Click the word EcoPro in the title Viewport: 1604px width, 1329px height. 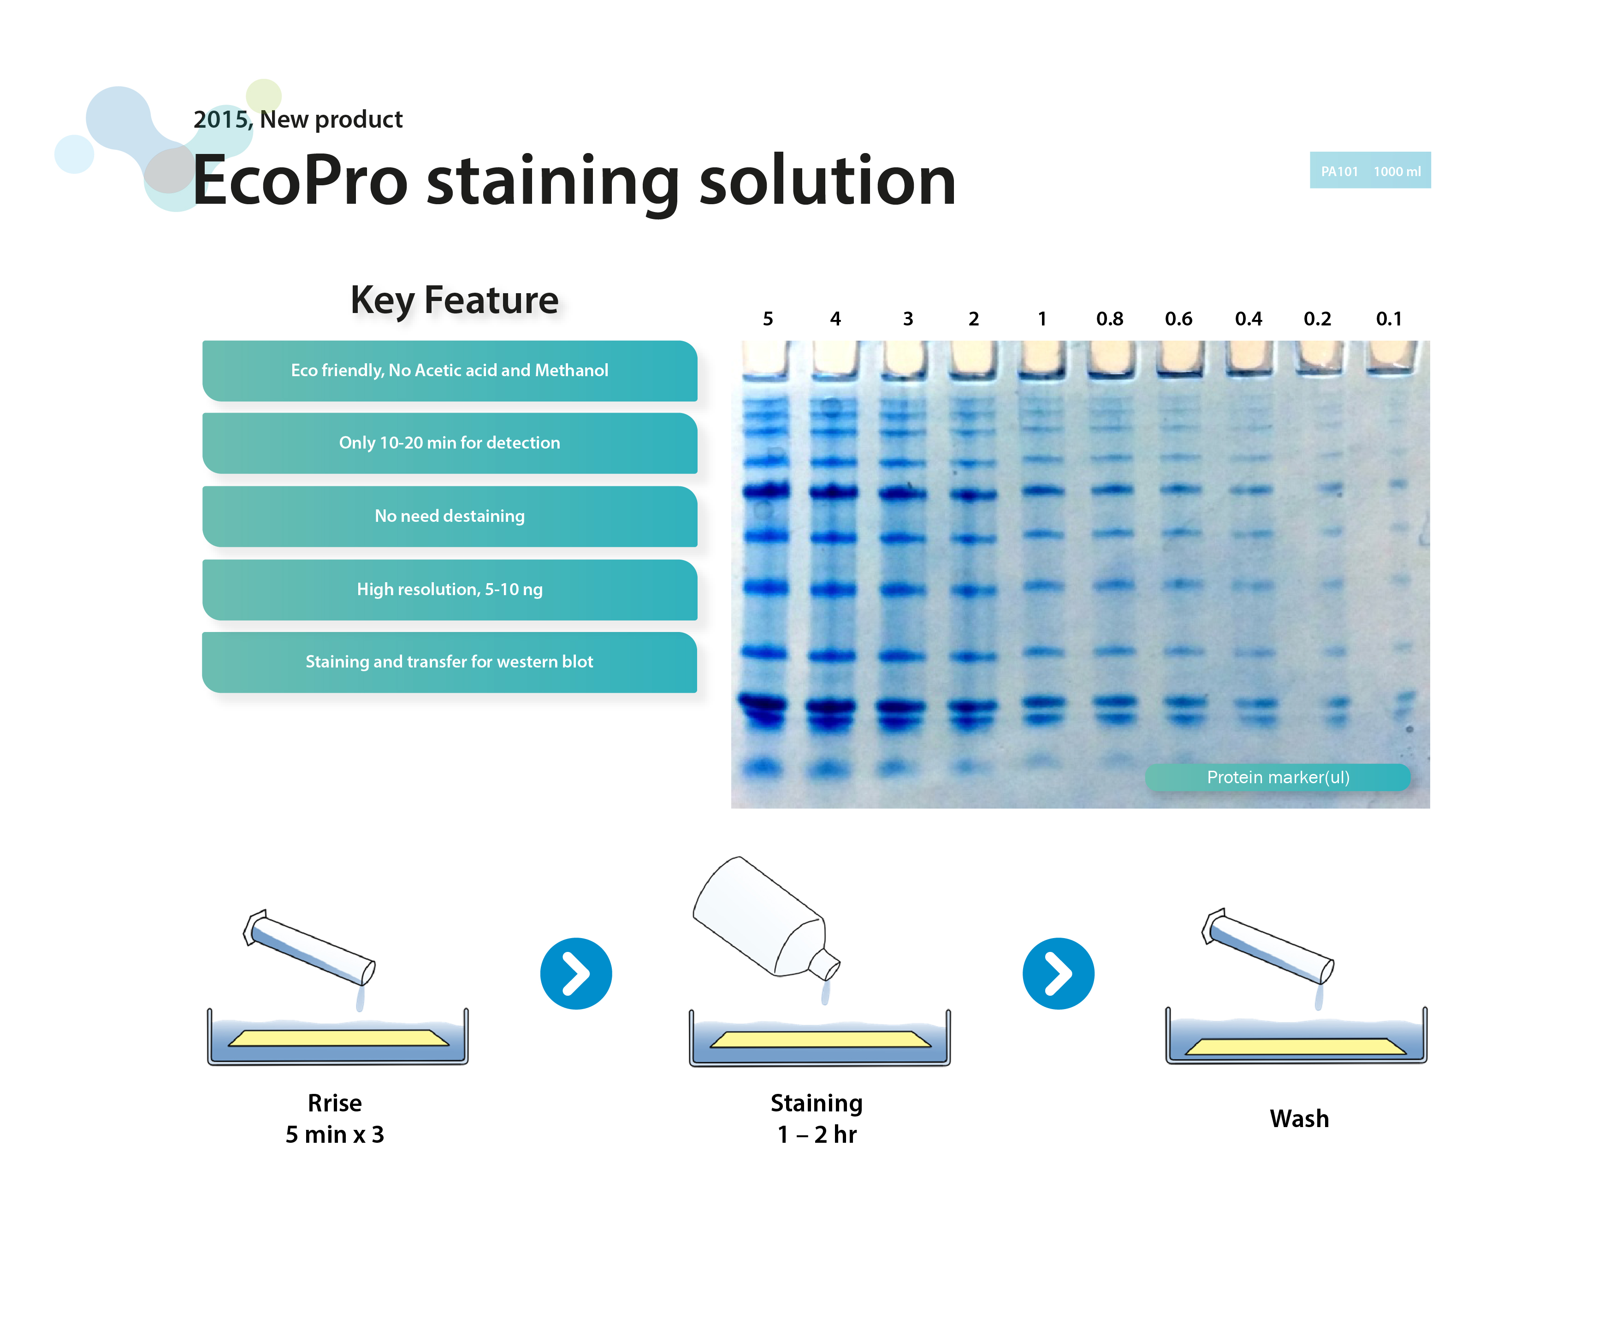click(x=300, y=181)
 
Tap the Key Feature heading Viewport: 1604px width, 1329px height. click(x=455, y=300)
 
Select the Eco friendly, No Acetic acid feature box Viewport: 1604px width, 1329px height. click(x=450, y=371)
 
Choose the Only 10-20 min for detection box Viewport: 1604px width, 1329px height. click(x=450, y=443)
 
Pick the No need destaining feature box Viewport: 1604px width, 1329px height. click(x=450, y=516)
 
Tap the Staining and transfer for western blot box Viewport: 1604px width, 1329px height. click(x=450, y=662)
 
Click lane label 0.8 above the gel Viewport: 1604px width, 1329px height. click(x=1110, y=319)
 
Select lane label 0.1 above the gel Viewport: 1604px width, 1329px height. click(x=1389, y=319)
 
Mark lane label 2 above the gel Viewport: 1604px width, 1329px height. click(x=974, y=319)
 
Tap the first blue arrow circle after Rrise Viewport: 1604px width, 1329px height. click(x=576, y=974)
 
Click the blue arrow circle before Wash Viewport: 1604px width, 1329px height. click(x=1059, y=974)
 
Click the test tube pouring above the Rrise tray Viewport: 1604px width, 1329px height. click(x=309, y=947)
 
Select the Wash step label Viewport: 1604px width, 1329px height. click(x=1299, y=1119)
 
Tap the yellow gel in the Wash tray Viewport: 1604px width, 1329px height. click(x=1296, y=1046)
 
